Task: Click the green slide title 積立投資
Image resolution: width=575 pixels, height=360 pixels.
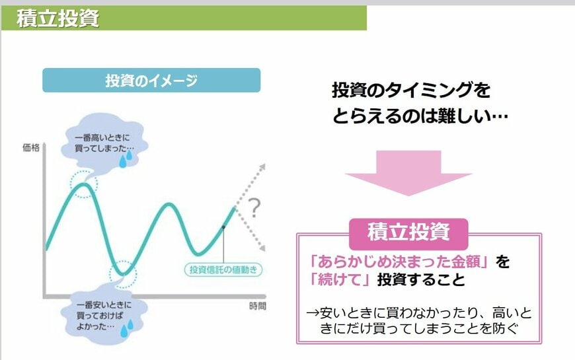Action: coord(58,18)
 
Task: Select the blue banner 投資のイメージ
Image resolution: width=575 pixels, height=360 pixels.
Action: coord(151,81)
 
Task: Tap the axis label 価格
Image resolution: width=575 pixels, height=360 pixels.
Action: coord(30,148)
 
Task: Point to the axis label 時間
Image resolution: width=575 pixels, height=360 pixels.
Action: coord(258,306)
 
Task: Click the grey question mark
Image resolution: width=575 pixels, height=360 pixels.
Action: coord(254,210)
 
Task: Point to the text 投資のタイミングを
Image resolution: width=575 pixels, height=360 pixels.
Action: coord(411,90)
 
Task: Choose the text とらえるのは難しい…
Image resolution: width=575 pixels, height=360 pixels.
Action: coord(420,116)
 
